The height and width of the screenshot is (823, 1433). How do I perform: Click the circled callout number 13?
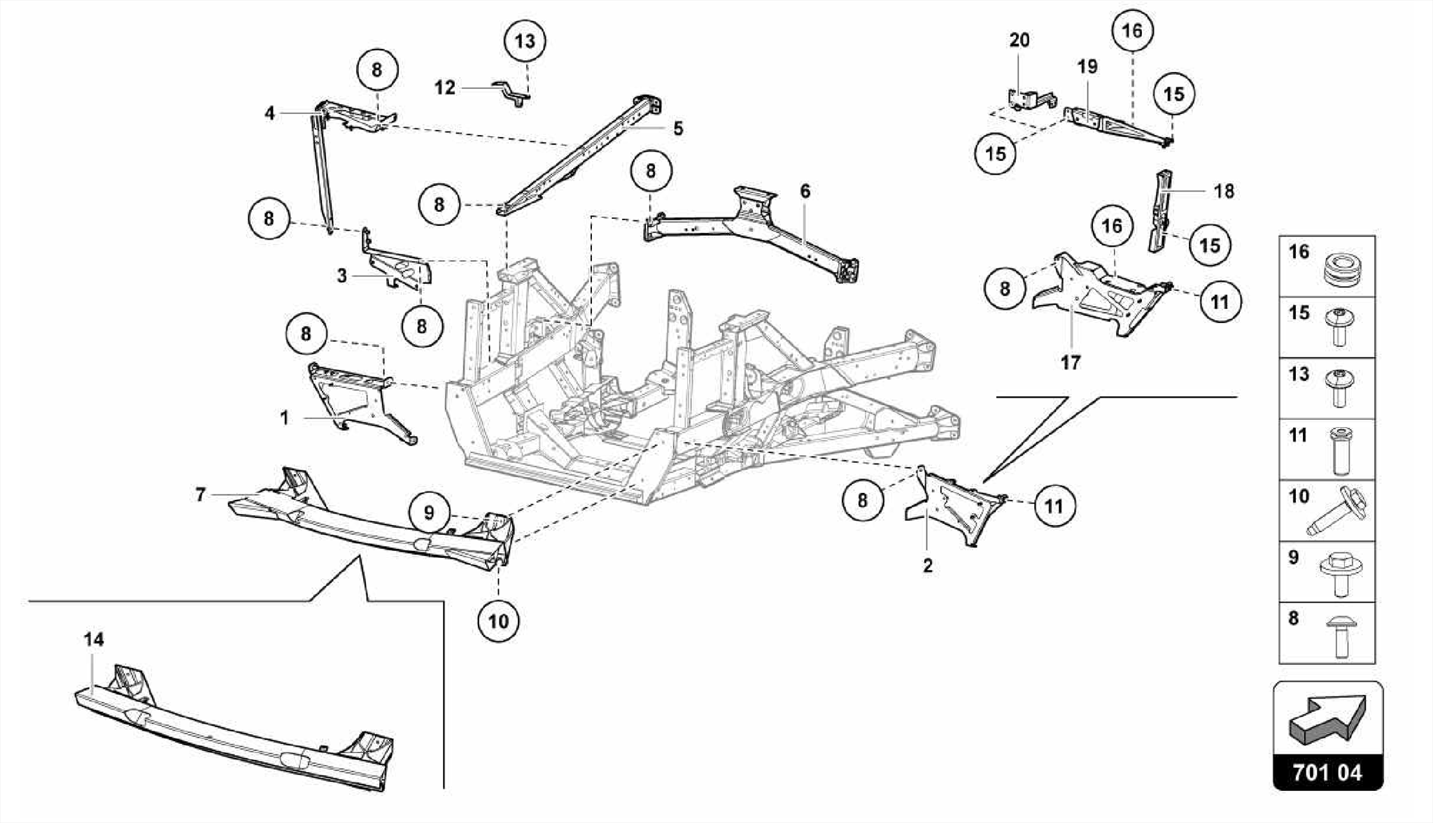(525, 41)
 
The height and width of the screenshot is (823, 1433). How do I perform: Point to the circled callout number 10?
(498, 620)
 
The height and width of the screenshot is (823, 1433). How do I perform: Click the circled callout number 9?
(429, 513)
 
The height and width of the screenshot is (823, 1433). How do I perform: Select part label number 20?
(1019, 41)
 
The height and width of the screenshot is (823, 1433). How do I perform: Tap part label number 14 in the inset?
(94, 639)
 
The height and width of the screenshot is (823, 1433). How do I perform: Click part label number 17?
(1070, 363)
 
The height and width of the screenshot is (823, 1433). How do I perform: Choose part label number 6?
(805, 191)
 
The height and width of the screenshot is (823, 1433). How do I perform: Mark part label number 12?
(445, 87)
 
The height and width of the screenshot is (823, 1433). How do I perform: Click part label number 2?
(927, 566)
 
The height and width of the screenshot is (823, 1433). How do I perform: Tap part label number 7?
(201, 495)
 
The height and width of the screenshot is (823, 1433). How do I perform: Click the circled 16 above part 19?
(1131, 31)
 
